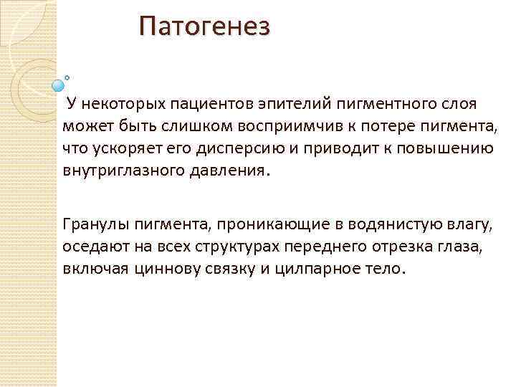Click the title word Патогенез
(x=205, y=28)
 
